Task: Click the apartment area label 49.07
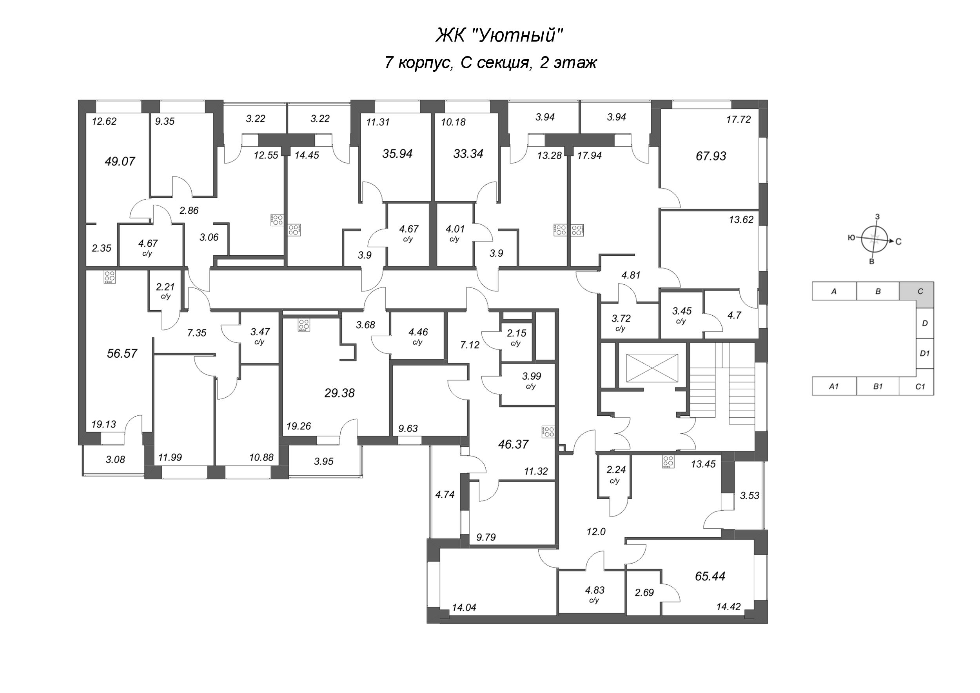coord(120,162)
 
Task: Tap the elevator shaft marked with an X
coord(652,367)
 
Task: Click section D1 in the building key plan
coord(924,353)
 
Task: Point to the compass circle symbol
coord(874,240)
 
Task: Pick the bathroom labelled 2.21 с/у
coord(165,290)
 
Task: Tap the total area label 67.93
coord(711,156)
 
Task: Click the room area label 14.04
coord(464,607)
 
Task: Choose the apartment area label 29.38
coord(339,393)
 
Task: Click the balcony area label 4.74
coord(445,495)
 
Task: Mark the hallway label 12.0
coord(596,531)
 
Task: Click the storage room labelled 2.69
coord(644,593)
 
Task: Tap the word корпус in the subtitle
coord(425,63)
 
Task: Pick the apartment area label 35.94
coord(397,154)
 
